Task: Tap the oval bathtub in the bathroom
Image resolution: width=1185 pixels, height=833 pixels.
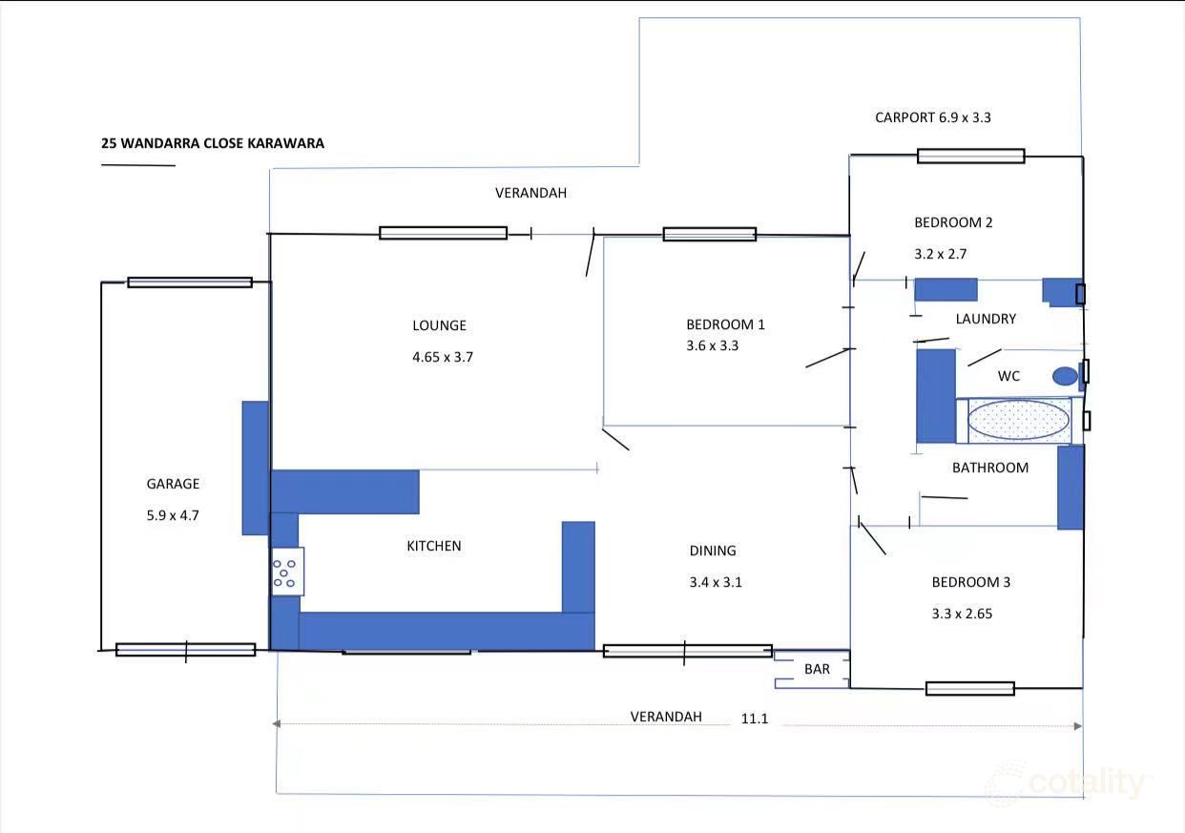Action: click(1018, 420)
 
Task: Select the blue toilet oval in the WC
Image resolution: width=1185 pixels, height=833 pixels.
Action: click(1064, 376)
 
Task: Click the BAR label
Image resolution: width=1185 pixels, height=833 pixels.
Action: click(817, 670)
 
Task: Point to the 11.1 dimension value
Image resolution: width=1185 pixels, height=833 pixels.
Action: click(754, 718)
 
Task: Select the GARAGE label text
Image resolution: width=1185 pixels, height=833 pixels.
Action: click(173, 484)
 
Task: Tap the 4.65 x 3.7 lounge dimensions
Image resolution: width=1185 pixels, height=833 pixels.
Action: click(443, 357)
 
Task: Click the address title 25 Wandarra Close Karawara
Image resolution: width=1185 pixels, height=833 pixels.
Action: click(213, 144)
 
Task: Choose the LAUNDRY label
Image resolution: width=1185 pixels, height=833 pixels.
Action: click(986, 319)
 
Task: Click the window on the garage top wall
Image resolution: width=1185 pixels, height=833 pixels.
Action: click(190, 282)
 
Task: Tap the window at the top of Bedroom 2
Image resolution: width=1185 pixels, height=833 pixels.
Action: click(970, 156)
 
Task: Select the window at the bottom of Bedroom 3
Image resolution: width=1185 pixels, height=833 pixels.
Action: click(969, 688)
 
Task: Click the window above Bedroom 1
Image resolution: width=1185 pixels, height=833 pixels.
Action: click(709, 234)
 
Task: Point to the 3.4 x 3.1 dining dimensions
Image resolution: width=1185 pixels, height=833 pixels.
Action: click(715, 582)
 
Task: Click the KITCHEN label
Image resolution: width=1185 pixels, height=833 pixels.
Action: click(434, 546)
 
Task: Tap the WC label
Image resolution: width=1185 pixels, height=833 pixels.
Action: click(1008, 376)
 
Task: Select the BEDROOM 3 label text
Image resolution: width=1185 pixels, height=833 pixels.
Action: click(970, 582)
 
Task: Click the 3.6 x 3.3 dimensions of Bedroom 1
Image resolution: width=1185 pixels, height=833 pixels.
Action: click(712, 345)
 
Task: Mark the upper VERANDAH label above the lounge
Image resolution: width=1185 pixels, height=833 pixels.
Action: click(530, 193)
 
